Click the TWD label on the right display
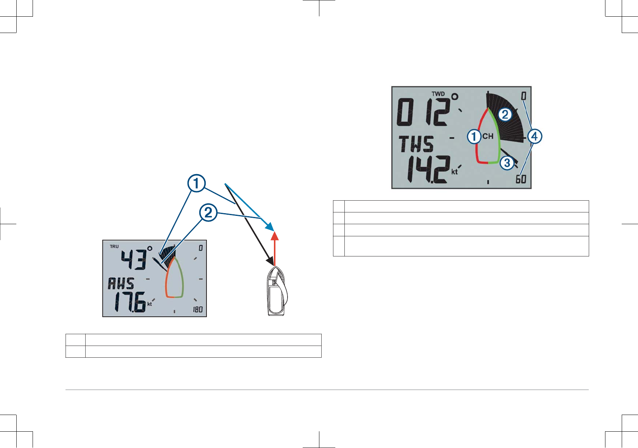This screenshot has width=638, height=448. click(438, 94)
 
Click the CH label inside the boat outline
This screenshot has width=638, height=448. click(488, 136)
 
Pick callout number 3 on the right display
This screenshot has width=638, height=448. click(507, 163)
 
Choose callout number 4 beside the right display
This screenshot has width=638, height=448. click(535, 136)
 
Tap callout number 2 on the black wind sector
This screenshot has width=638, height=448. click(505, 114)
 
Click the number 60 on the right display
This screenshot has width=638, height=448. click(521, 179)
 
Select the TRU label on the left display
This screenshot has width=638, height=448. click(114, 247)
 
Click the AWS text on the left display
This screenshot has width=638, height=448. click(121, 283)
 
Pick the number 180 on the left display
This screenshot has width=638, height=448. click(198, 310)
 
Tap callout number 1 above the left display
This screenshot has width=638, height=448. click(197, 183)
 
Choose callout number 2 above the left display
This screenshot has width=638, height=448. click(208, 213)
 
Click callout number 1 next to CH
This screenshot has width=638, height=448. click(474, 136)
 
